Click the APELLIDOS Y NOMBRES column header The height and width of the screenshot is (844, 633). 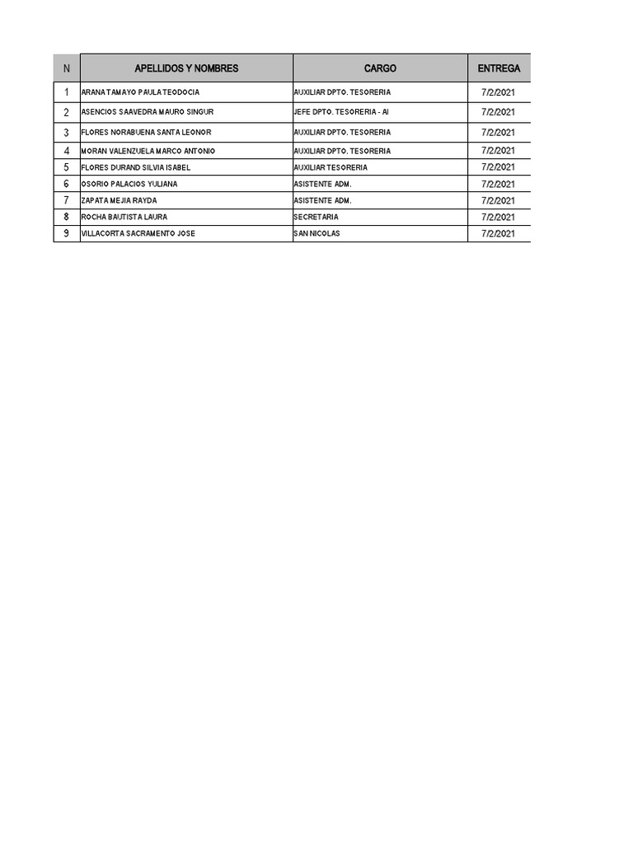click(186, 68)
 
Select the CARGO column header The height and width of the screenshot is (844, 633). click(380, 68)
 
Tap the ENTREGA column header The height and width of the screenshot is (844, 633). click(499, 68)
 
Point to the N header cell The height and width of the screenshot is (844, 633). click(67, 68)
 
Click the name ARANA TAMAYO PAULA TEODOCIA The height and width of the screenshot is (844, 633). click(140, 92)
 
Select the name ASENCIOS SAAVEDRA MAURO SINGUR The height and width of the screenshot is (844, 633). click(147, 112)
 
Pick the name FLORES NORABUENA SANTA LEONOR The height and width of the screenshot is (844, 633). click(146, 133)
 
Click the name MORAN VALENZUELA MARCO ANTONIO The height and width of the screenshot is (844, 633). click(148, 151)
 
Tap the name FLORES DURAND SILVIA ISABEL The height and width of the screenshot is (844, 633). click(135, 167)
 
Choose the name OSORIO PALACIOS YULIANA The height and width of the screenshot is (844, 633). click(129, 184)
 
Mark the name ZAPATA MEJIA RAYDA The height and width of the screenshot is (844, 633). click(119, 200)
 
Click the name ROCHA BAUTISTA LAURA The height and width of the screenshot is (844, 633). click(124, 217)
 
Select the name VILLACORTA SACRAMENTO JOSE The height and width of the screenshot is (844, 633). click(138, 233)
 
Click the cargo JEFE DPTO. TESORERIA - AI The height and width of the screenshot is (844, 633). click(340, 112)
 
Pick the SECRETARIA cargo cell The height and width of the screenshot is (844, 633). click(316, 217)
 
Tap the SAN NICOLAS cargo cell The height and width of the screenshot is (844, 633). click(316, 233)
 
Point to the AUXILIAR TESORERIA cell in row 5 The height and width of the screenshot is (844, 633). click(331, 167)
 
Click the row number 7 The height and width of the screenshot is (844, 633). click(67, 200)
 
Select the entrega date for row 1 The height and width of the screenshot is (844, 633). click(498, 92)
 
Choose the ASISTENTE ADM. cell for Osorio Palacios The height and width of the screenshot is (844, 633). click(322, 184)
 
